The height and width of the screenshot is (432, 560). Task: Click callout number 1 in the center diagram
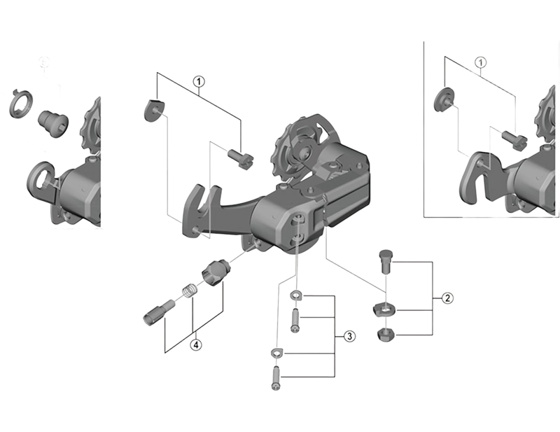199,82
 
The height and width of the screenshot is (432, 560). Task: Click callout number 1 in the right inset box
480,62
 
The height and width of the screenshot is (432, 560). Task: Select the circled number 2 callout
447,298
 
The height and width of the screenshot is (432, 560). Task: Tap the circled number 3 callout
349,336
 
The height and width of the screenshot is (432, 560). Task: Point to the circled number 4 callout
196,344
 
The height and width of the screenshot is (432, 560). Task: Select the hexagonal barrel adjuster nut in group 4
216,272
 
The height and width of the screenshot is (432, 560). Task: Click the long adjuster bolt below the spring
160,312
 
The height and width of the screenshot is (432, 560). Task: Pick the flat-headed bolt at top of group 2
385,262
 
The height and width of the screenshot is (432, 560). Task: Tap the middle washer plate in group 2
383,309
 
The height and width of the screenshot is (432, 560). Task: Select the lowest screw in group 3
276,378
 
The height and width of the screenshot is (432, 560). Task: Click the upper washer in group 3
295,295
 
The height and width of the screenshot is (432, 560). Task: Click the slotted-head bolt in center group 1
240,160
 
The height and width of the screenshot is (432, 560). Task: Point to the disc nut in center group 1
154,111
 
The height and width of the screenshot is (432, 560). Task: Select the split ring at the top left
20,104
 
